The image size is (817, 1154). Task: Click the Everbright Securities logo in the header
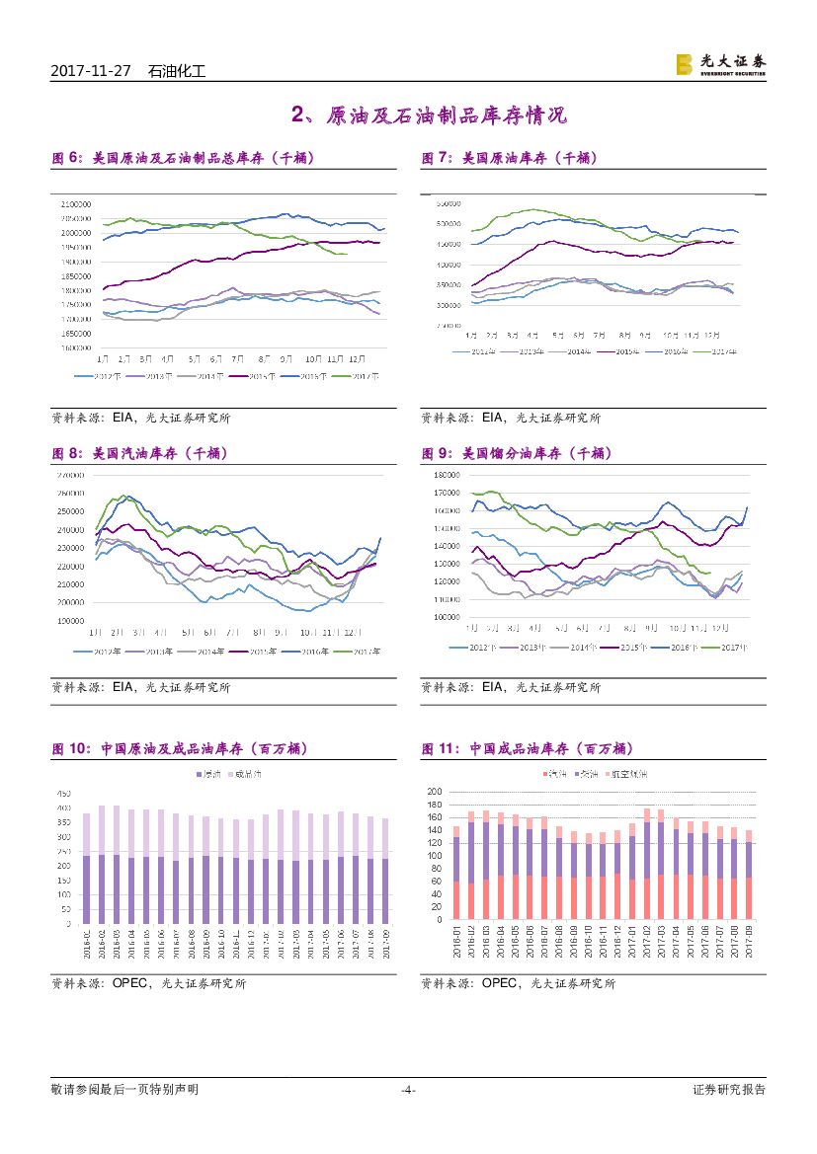click(720, 65)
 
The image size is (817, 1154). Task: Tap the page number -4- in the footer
click(408, 1090)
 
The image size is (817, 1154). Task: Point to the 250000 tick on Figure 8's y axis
click(69, 511)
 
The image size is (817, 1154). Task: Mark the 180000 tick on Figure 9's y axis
click(447, 475)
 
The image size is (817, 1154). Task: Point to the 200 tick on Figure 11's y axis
click(436, 793)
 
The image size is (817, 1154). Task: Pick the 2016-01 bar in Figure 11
click(456, 873)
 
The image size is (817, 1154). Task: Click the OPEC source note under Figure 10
click(148, 983)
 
